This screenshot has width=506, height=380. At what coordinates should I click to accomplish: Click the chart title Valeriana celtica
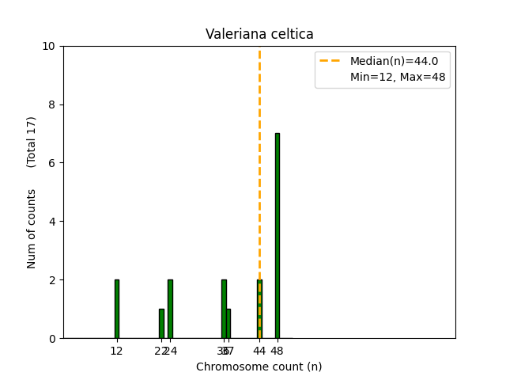pos(259,34)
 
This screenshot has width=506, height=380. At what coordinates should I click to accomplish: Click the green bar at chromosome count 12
pos(116,309)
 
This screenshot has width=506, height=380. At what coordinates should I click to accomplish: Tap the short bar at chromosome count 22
pos(161,323)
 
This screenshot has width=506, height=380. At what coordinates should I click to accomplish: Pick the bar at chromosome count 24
pos(170,309)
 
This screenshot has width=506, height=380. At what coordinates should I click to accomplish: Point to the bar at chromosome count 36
pos(224,309)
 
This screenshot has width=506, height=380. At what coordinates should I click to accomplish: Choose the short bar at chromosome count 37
pos(228,323)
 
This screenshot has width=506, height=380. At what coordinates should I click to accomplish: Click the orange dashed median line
pos(259,158)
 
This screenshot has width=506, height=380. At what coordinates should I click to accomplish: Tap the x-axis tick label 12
pos(116,351)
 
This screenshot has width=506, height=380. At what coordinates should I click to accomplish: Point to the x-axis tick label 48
pos(277,351)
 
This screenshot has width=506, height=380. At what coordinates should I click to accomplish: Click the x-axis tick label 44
pos(259,351)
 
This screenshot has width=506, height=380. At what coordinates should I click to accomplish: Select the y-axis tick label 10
pos(49,46)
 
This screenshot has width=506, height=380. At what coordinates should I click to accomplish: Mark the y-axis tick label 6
pos(52,163)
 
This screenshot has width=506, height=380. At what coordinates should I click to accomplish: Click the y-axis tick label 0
pos(52,338)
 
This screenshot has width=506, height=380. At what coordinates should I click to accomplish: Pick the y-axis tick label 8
pos(52,104)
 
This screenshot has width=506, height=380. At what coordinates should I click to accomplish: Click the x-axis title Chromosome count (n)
pos(259,367)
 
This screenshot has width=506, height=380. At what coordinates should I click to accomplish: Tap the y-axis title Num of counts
pos(32,228)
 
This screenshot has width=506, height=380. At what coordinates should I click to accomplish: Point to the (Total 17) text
pos(32,142)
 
